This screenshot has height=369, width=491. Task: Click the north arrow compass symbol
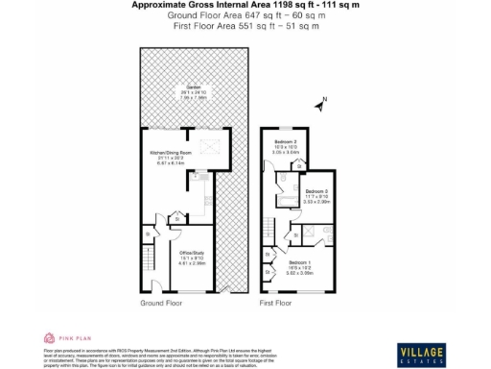[x=323, y=99]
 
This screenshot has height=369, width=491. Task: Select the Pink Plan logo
[x=61, y=338]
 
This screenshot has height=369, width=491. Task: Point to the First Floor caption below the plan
[x=275, y=303]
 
